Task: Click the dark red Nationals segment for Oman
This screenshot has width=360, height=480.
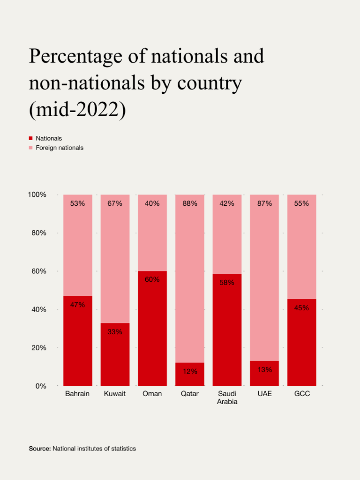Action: pos(152,333)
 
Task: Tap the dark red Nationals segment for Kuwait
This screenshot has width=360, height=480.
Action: pos(115,359)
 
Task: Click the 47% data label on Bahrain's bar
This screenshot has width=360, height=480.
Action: pos(77,305)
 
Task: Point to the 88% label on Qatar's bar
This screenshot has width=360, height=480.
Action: pos(190,203)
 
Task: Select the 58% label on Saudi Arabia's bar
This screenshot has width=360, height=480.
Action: pos(227,283)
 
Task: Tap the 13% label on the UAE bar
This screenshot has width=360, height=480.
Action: pos(264,369)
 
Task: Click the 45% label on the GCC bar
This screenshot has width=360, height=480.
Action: pos(301,308)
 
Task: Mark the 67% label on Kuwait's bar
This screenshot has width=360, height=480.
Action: pos(115,203)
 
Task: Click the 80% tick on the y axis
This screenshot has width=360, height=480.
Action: pos(37,233)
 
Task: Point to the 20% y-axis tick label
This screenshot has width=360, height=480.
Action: pos(37,348)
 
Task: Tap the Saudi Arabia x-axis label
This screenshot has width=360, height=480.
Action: pos(227,397)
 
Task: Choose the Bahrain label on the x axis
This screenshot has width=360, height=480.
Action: pos(77,394)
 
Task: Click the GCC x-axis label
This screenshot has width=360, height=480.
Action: pos(302,394)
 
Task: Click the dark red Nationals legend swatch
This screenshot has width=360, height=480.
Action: pos(31,138)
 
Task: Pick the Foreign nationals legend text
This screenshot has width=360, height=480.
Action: pos(60,148)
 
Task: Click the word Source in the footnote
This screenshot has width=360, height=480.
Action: pos(40,449)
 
